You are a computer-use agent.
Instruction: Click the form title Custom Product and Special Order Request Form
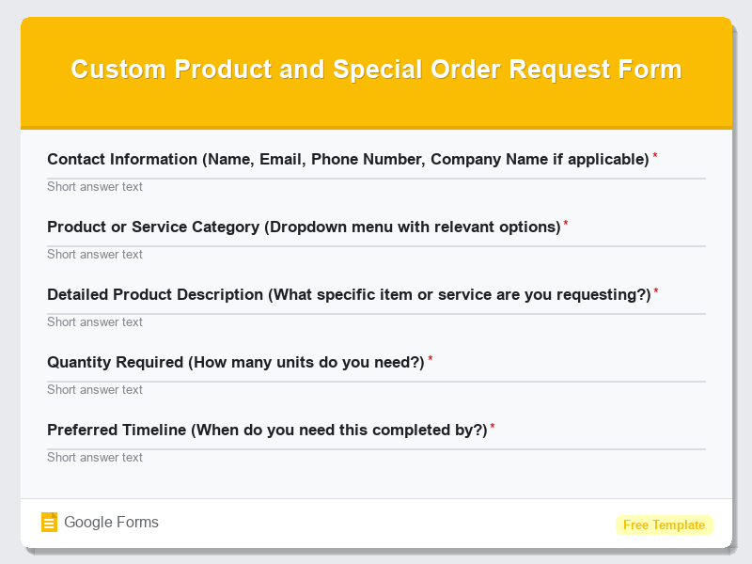coord(376,70)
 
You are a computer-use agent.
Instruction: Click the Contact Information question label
coord(348,159)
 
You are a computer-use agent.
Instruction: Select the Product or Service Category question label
coord(304,227)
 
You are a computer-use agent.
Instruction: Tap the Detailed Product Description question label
coord(349,294)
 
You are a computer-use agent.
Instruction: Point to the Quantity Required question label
coord(236,362)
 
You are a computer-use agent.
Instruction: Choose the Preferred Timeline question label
coord(267,430)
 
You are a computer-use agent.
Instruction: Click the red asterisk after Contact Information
coord(655,156)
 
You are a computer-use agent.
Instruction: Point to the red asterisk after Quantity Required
coord(431,359)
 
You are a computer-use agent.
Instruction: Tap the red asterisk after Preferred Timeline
coord(493,427)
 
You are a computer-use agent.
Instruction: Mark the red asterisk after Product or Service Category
coord(566,224)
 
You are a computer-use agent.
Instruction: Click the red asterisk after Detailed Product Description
coord(656,291)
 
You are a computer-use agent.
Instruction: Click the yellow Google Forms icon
coord(50,523)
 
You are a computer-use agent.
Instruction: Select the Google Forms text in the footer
coord(111,523)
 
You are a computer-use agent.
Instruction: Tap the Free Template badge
coord(664,525)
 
